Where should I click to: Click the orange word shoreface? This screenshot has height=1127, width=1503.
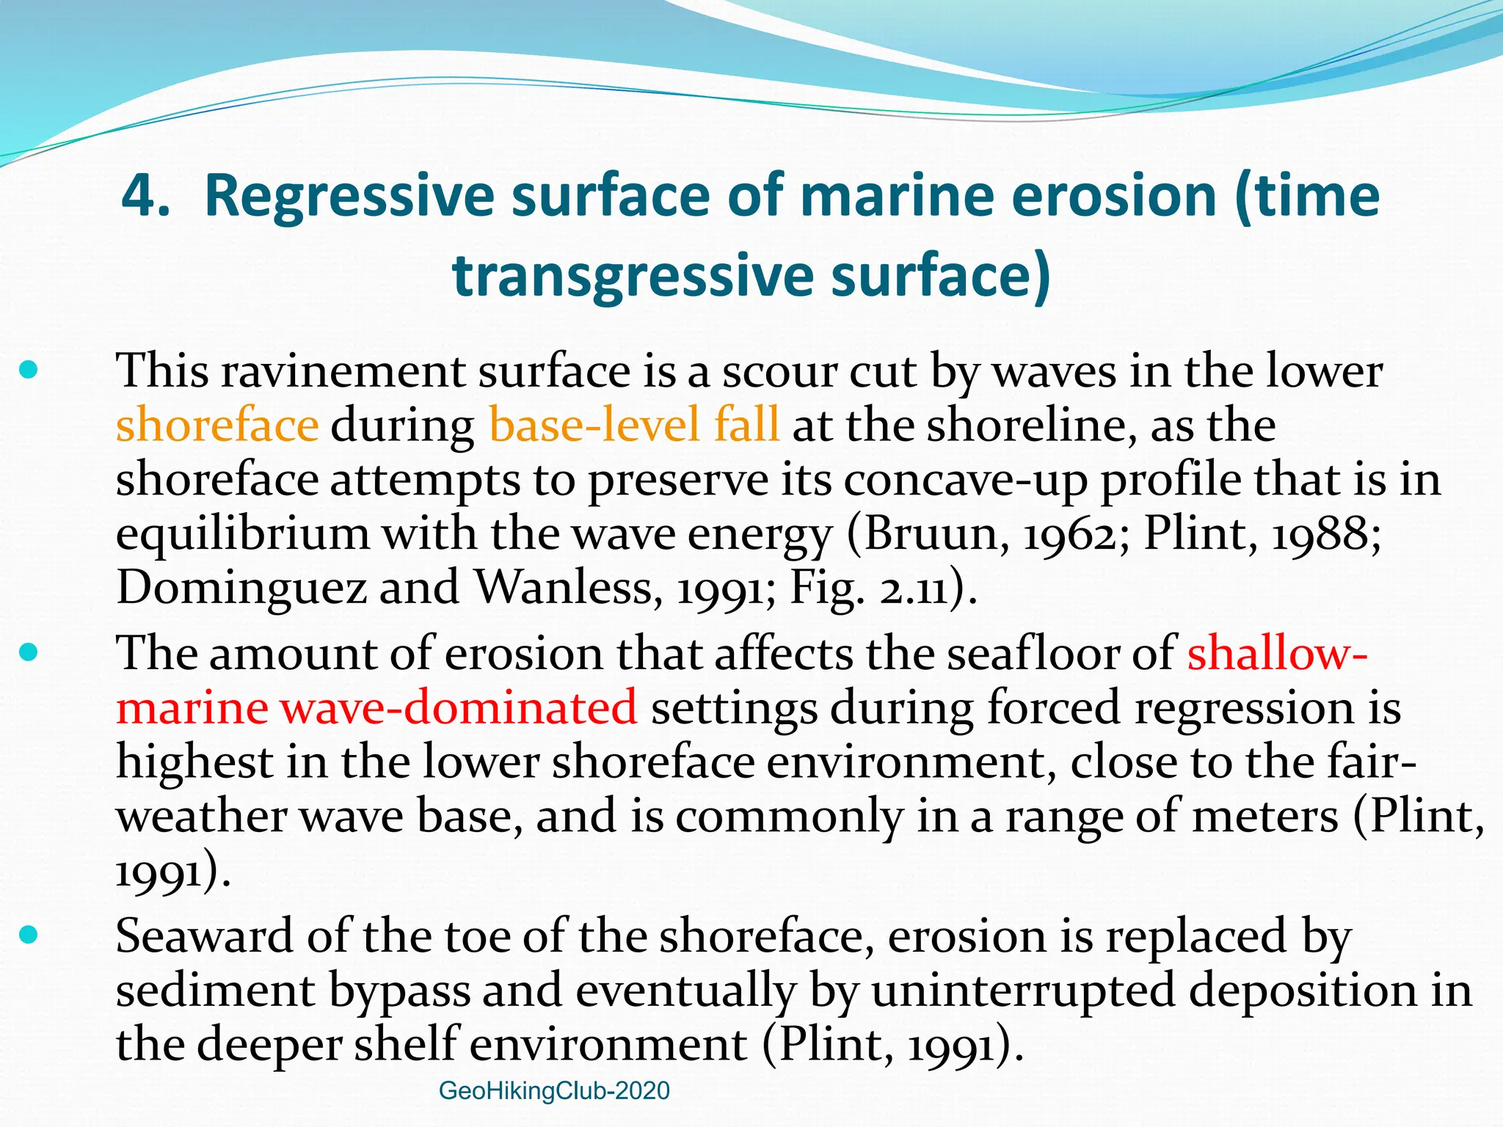click(x=217, y=426)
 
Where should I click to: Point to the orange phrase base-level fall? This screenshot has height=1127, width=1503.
click(x=633, y=426)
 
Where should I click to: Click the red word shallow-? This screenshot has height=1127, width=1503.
click(x=1277, y=652)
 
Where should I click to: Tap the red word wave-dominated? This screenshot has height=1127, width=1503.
click(x=459, y=707)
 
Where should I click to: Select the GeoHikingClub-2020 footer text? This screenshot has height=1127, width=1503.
click(x=554, y=1091)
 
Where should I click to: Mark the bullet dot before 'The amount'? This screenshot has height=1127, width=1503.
click(x=29, y=652)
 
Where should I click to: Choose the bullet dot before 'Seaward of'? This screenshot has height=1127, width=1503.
click(x=29, y=934)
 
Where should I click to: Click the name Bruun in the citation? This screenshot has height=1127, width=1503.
click(x=925, y=534)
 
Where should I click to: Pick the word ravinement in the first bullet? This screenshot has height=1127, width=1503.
click(x=343, y=371)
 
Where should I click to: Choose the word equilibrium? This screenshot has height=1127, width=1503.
click(x=242, y=534)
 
